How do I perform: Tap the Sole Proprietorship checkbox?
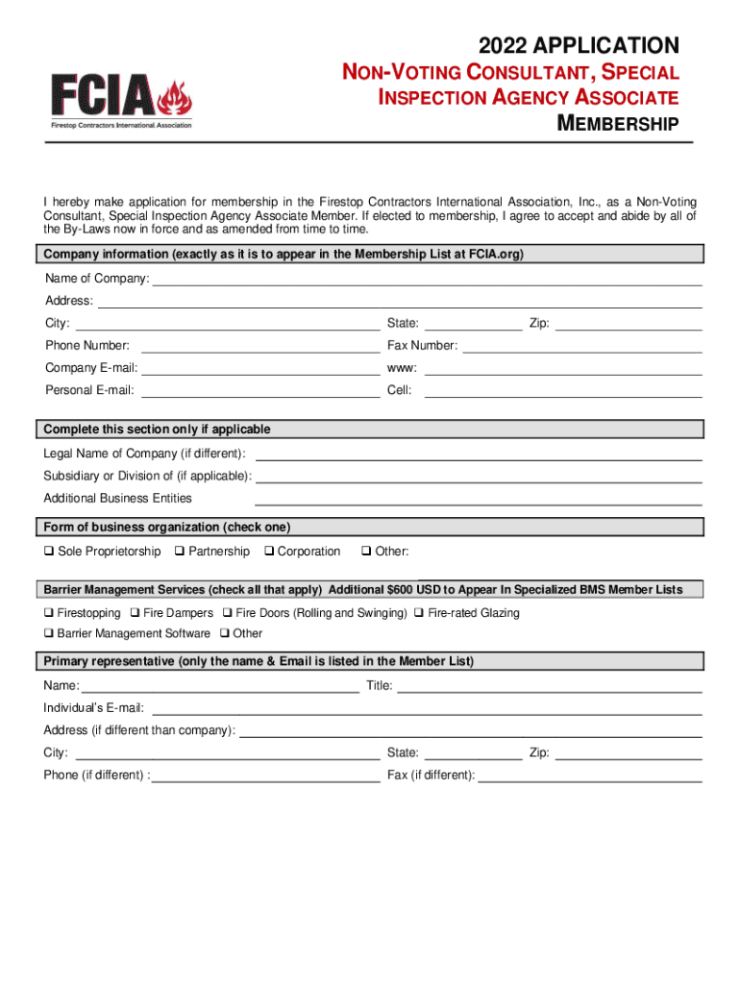click(48, 552)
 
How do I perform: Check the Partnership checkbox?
click(180, 552)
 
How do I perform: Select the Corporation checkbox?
click(268, 552)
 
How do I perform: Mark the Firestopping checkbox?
click(48, 613)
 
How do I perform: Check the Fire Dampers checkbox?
click(135, 613)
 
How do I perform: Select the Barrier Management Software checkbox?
click(48, 634)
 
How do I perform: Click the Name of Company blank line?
click(427, 280)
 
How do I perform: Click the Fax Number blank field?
click(581, 346)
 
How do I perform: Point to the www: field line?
click(563, 368)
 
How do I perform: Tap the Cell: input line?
click(563, 391)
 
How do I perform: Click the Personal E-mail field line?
click(260, 391)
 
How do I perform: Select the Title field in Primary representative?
click(549, 686)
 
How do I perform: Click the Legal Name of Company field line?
click(478, 454)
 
